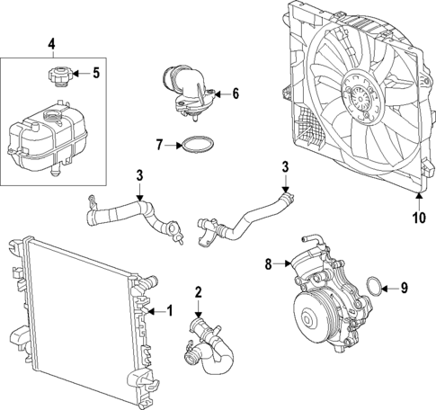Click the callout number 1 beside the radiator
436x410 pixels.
[x=167, y=311]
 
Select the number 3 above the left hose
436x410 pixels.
[x=139, y=174]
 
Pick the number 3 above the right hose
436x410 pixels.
[x=285, y=166]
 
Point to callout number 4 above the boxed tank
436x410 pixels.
[x=51, y=43]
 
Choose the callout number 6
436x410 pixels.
[x=236, y=93]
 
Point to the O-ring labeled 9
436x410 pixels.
[x=372, y=289]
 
